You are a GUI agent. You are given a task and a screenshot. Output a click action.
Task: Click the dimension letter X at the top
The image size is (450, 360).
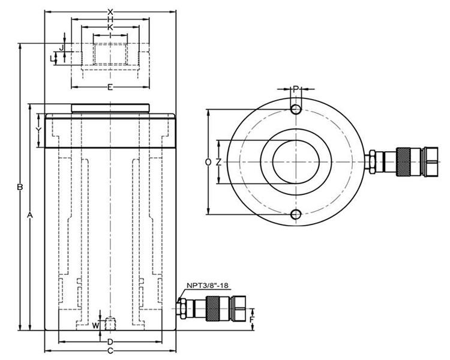coord(110,11)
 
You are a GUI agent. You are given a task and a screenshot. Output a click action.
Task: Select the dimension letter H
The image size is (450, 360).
coord(110,19)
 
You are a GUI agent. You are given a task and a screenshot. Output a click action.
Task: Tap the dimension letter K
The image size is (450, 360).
coord(110,28)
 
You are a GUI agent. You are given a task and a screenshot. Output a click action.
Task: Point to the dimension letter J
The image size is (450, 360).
coord(62,47)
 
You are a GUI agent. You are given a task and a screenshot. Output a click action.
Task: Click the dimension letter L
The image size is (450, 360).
coord(52,58)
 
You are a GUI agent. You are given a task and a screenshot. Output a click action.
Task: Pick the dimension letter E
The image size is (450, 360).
coord(110,88)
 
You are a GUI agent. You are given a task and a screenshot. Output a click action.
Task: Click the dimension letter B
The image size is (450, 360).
coord(20,187)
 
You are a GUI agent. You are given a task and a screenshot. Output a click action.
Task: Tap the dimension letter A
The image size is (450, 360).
coord(31,214)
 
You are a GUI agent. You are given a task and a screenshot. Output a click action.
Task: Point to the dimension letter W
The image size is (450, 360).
coord(95,325)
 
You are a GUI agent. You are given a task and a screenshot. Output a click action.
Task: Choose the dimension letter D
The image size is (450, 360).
coord(110,341)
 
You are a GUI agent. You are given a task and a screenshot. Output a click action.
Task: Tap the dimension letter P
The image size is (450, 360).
coord(295,89)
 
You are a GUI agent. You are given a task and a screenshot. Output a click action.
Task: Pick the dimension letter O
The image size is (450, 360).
coord(208,162)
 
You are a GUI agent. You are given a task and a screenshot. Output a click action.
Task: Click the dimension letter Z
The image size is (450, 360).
coord(219,162)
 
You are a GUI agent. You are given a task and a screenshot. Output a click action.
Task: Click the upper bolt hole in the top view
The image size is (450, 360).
coord(295,109)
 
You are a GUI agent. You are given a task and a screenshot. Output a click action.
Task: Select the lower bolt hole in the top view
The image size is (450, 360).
coord(295,215)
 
